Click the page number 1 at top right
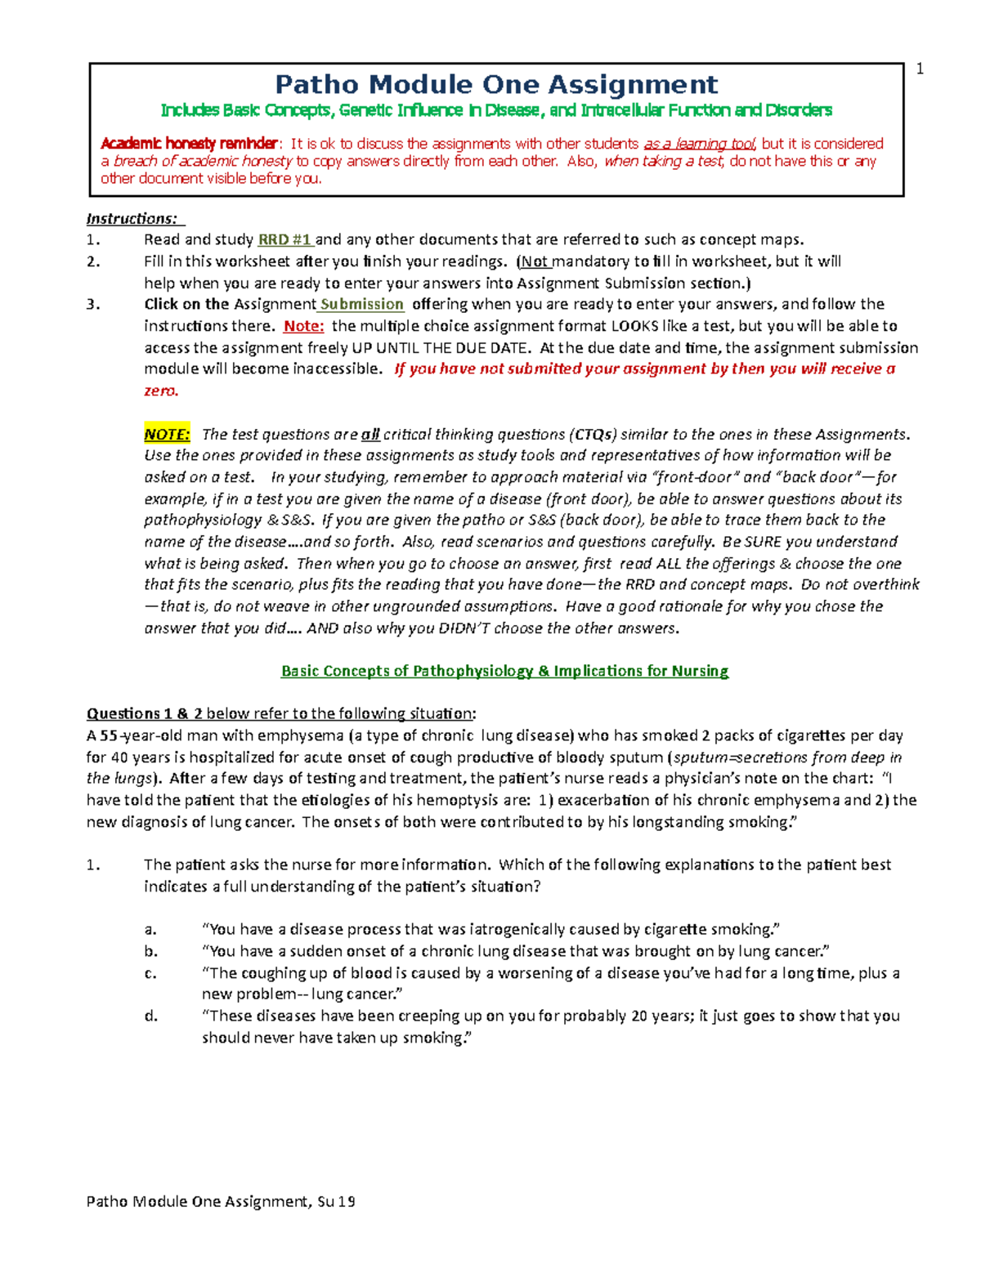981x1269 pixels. [x=920, y=69]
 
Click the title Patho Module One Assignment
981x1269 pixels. [x=496, y=84]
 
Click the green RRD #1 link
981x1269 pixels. [x=285, y=240]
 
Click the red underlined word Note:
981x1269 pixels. [x=303, y=326]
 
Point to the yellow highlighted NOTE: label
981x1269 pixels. [x=167, y=434]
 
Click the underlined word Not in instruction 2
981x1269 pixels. [x=535, y=261]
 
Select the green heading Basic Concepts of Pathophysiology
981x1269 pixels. [x=504, y=671]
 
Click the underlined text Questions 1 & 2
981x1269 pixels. [x=145, y=713]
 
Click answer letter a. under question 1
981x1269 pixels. [x=150, y=929]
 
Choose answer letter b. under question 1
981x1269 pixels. [x=150, y=951]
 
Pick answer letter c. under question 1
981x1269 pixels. [x=150, y=973]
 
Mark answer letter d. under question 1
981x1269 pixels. [x=150, y=1016]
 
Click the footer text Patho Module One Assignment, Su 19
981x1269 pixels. [x=221, y=1201]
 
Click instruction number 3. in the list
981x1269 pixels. [x=93, y=305]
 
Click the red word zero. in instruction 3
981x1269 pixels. [x=161, y=391]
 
